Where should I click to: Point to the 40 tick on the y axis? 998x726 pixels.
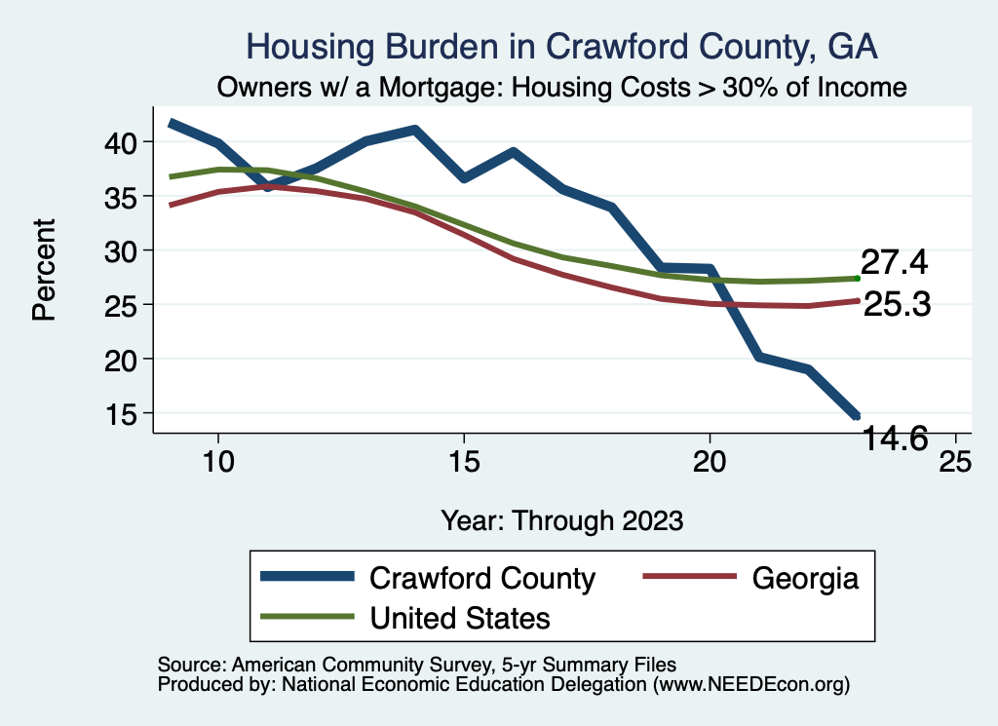click(x=127, y=142)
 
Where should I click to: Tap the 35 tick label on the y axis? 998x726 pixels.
click(x=127, y=197)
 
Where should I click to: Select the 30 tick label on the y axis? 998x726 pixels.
click(x=127, y=250)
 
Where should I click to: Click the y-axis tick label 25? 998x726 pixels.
click(x=127, y=305)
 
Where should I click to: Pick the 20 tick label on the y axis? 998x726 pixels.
click(x=127, y=360)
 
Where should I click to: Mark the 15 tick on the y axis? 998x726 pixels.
click(x=127, y=413)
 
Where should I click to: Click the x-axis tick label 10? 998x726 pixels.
click(x=218, y=461)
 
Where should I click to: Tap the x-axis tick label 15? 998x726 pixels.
click(x=464, y=461)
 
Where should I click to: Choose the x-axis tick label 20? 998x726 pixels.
click(x=710, y=461)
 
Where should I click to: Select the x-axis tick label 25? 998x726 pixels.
click(x=955, y=461)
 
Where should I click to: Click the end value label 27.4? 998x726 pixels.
click(x=893, y=262)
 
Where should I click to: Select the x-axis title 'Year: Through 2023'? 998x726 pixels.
click(x=562, y=519)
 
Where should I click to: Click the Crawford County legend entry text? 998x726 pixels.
click(x=482, y=578)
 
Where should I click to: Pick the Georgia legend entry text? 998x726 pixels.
click(x=805, y=578)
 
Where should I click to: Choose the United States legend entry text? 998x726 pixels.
click(x=460, y=618)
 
